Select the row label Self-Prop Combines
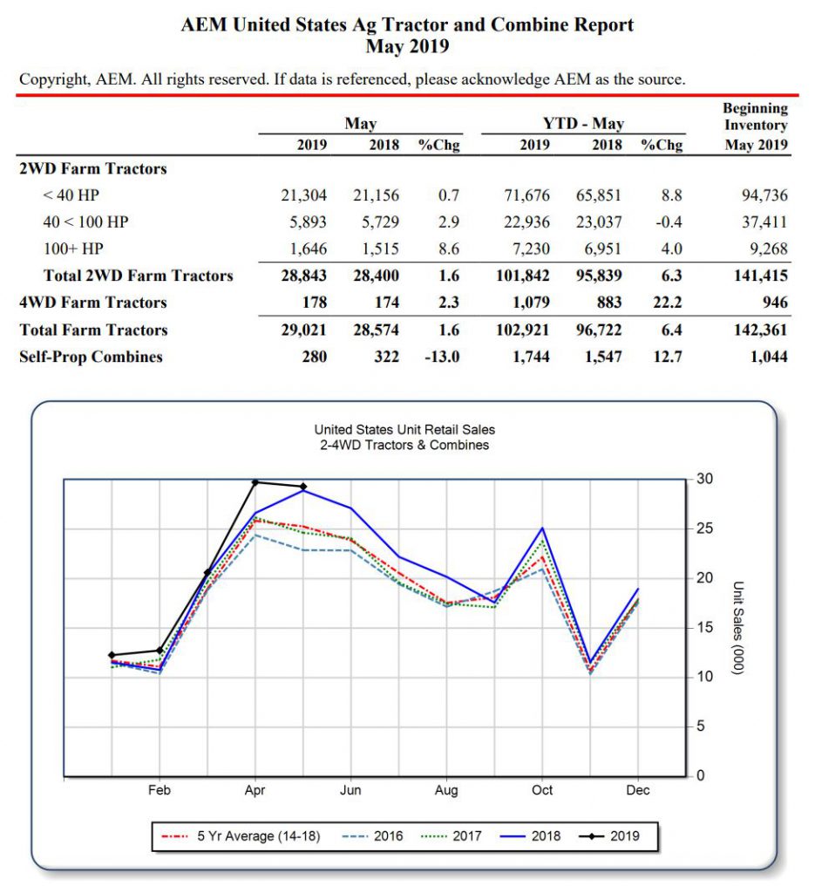tap(91, 357)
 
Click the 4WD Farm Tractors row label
tap(93, 303)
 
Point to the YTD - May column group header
tap(583, 123)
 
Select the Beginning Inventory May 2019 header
tap(755, 126)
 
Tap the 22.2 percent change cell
tap(667, 303)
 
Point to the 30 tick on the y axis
tap(705, 480)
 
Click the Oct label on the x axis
tap(542, 790)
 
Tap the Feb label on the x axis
tap(160, 790)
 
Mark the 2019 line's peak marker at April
tap(255, 482)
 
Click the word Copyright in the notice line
tap(52, 79)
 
